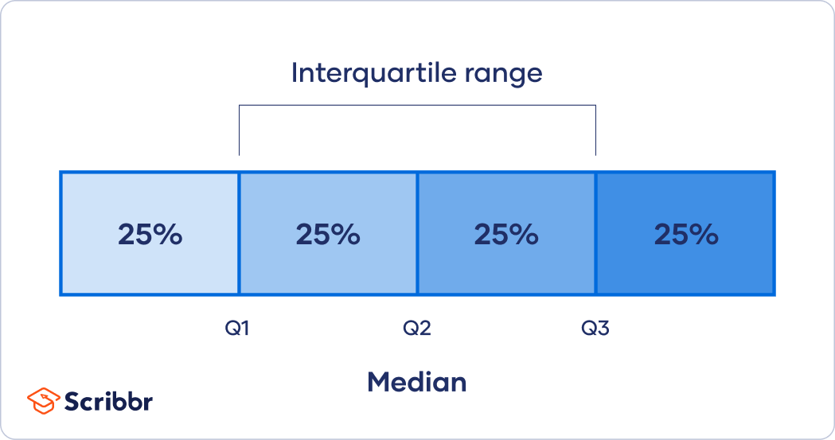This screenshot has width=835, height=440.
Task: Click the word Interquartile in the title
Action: [x=370, y=74]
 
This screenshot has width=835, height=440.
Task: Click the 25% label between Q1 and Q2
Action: [x=328, y=235]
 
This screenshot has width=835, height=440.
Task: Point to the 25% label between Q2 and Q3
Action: [x=506, y=235]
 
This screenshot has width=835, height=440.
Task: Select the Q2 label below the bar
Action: [x=416, y=328]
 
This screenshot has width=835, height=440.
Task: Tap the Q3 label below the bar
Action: [x=595, y=328]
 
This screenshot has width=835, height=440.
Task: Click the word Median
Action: [x=416, y=382]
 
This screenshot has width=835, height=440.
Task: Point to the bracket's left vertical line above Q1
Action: [x=239, y=131]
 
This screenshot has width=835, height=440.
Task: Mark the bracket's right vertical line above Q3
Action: [x=595, y=131]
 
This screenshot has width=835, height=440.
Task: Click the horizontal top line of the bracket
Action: [x=417, y=105]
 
